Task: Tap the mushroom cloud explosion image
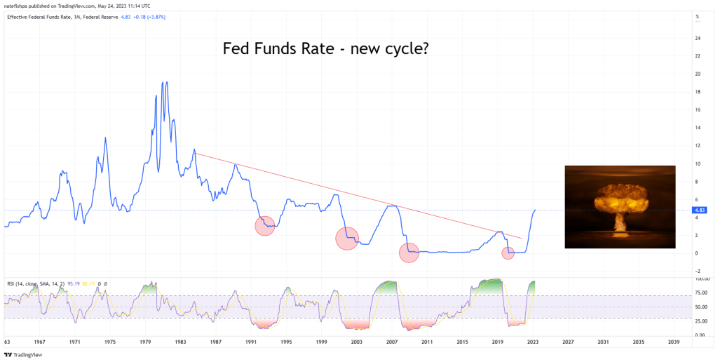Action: coord(620,207)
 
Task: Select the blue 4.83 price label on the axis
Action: coord(698,210)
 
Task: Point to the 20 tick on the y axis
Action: coord(698,74)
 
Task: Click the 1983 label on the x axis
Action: coord(181,342)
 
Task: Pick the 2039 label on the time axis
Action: coord(674,342)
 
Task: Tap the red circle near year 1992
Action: coord(264,226)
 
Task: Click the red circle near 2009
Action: coord(409,253)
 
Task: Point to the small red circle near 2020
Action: coord(508,253)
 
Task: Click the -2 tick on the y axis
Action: coord(698,271)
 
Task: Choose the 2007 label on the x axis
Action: coord(392,342)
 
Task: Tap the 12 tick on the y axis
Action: coord(698,145)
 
